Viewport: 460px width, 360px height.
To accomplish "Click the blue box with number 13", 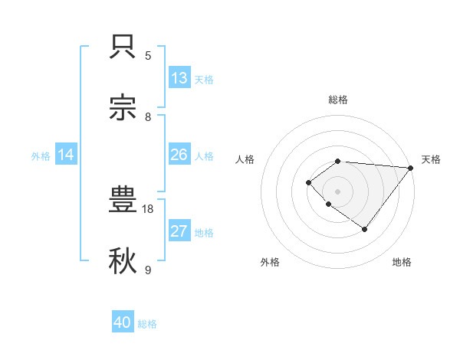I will coord(179,78).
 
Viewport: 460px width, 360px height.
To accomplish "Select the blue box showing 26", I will coord(179,155).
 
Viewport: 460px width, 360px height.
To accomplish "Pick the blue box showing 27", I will coord(179,231).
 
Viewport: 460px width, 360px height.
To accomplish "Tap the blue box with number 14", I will coord(66,155).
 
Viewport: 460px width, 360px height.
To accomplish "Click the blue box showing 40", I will coord(123,323).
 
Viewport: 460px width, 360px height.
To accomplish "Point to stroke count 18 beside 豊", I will coord(148,208).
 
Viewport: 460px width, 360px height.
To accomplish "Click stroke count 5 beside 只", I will coord(148,55).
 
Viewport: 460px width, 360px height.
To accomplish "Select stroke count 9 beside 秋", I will coord(148,270).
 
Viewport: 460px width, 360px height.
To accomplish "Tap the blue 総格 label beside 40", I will coord(147,324).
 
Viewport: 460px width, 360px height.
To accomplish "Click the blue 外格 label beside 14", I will coord(41,155).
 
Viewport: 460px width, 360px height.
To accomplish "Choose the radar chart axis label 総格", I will coord(338,100).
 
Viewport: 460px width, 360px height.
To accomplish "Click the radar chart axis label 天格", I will coord(431,159).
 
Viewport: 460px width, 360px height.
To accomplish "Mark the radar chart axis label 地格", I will coord(402,262).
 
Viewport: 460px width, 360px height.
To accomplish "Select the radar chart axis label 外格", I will coord(270,262).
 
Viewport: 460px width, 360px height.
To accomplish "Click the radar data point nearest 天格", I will coord(411,168).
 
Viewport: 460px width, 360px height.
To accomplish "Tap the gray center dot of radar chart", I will coord(338,191).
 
